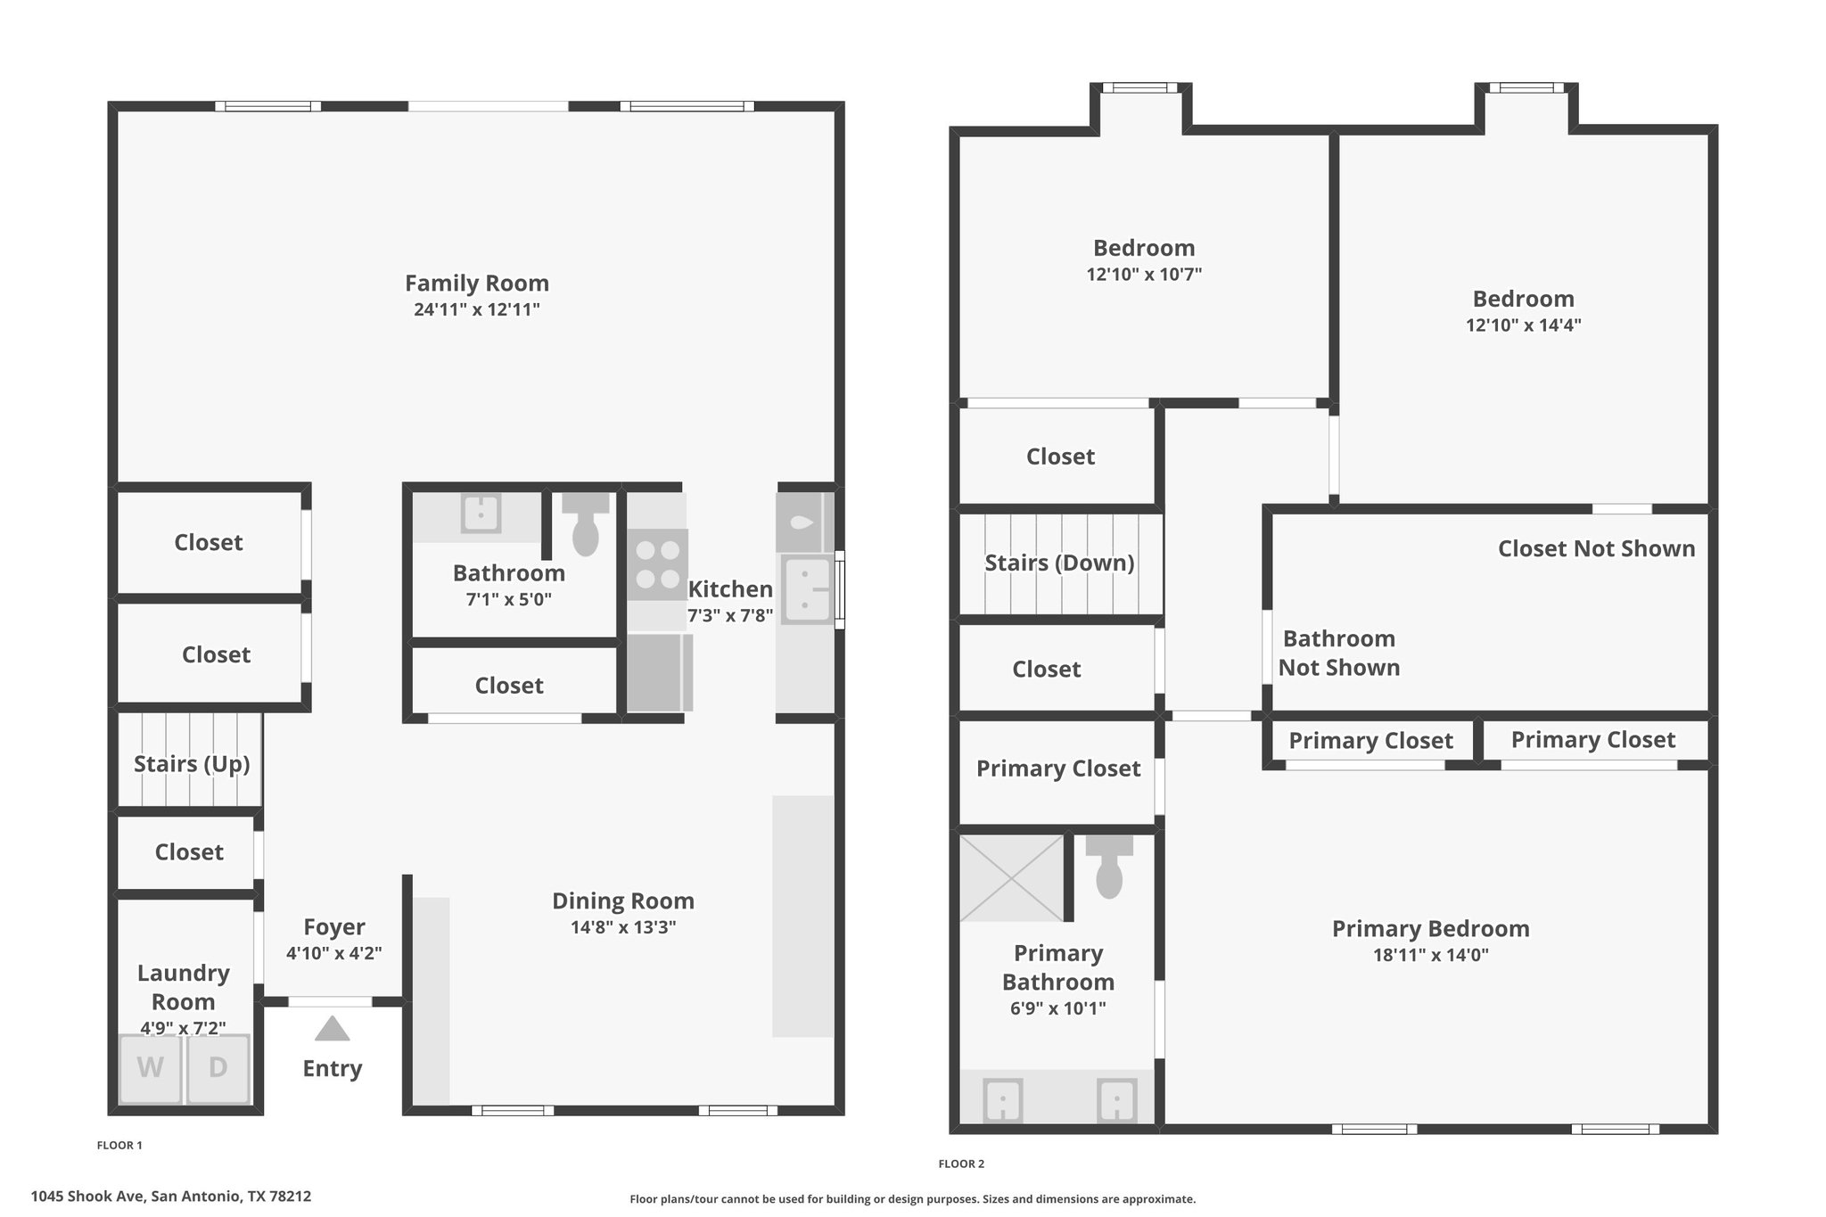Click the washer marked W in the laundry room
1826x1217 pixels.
(x=150, y=1068)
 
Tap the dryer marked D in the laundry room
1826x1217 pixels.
(x=218, y=1068)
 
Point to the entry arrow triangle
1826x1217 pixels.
(x=332, y=1029)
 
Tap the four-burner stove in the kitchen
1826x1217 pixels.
(x=658, y=564)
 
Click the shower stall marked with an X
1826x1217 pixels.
(x=1012, y=878)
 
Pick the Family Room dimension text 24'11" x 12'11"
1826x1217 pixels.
(x=477, y=310)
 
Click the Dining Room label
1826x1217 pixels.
(x=623, y=900)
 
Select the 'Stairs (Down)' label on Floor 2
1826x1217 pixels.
(x=1059, y=563)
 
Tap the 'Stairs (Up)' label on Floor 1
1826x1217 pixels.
(x=192, y=764)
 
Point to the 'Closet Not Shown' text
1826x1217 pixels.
(x=1597, y=548)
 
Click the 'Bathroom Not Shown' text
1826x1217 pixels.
(x=1339, y=654)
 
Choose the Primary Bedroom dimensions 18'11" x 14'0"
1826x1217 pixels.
(x=1431, y=956)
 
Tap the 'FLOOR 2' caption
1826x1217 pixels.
(x=961, y=1164)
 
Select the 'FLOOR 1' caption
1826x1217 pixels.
(x=119, y=1146)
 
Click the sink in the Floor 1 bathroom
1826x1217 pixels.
(x=481, y=514)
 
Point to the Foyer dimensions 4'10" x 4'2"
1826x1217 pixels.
(x=334, y=953)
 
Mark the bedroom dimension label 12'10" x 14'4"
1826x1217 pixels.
(x=1524, y=325)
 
